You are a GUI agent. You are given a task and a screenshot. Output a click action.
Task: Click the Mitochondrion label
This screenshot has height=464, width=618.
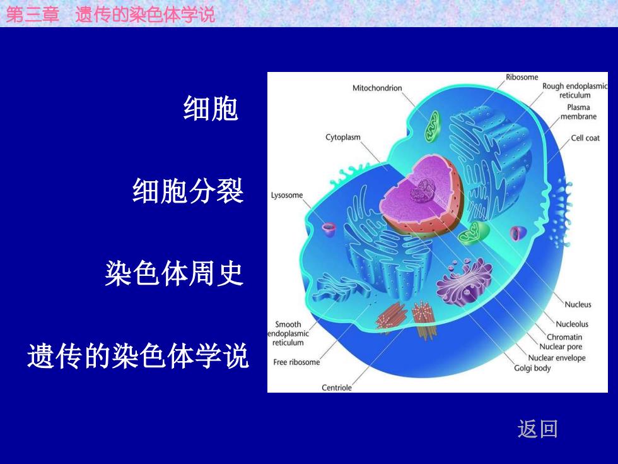pos(377,88)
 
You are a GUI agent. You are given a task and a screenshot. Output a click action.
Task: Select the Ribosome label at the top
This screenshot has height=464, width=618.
pos(522,77)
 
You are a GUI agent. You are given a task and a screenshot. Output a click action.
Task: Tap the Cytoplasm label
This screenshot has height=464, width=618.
pos(343,138)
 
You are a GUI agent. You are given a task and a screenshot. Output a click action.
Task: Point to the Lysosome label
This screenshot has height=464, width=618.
pos(287,195)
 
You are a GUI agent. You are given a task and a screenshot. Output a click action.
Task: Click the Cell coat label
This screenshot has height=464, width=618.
pos(585,138)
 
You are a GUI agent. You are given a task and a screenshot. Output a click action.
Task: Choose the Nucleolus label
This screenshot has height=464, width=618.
pos(572,324)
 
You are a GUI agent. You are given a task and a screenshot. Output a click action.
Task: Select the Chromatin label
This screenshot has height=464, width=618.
pos(564,337)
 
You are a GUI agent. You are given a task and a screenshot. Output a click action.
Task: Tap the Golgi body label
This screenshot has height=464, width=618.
pos(532,368)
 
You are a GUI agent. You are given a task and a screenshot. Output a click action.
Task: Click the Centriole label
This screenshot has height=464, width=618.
pos(337,388)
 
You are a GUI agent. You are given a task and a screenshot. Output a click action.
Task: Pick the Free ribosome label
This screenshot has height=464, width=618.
pos(296,362)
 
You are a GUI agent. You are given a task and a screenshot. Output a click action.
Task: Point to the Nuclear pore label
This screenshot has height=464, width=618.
pos(561,347)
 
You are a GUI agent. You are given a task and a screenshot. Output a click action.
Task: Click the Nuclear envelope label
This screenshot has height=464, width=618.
pos(556,359)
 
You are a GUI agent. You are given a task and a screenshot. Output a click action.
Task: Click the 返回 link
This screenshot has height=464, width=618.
pos(537,429)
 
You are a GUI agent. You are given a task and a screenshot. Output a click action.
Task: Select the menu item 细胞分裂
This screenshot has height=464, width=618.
pos(188,191)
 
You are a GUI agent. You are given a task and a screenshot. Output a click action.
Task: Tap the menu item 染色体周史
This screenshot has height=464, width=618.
pos(174,273)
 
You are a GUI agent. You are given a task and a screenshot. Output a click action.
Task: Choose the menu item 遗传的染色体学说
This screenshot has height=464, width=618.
pos(138,356)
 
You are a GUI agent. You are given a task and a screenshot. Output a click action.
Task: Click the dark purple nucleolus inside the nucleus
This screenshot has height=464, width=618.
pos(423,191)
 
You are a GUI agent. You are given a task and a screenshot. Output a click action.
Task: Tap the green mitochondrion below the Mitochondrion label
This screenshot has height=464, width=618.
pos(432,127)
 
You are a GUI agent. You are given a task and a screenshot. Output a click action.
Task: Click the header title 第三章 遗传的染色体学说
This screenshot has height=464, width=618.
pos(110,15)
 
